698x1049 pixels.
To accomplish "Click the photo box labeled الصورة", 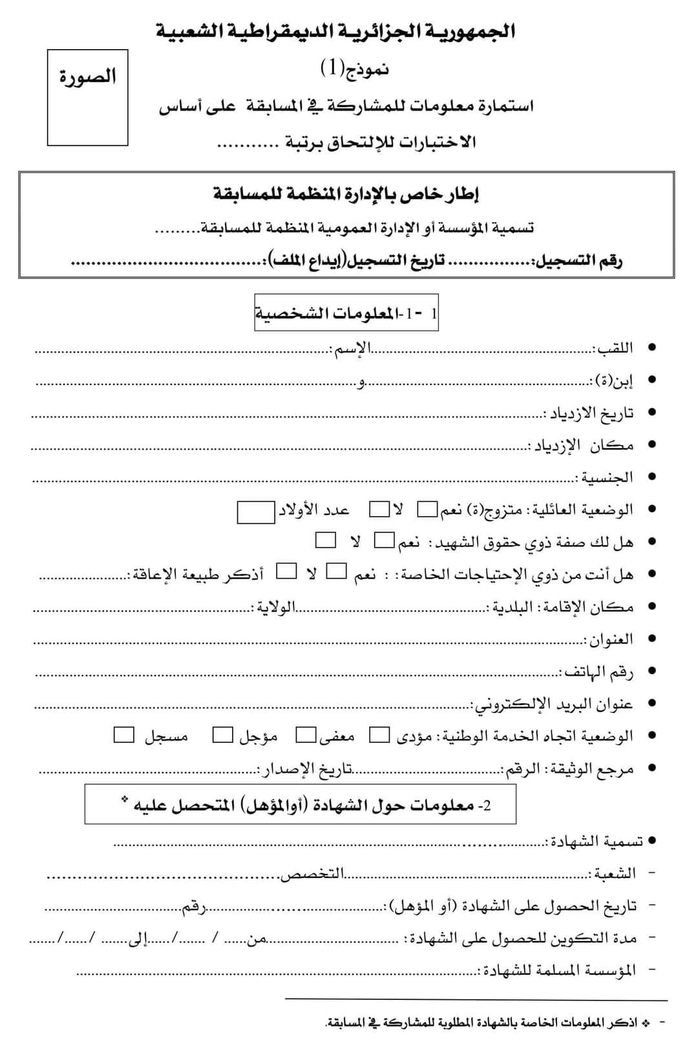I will [x=87, y=98].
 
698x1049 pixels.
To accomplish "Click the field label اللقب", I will [x=613, y=349].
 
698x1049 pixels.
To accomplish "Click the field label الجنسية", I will [x=604, y=478].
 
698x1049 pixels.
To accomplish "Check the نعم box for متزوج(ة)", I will [x=427, y=510].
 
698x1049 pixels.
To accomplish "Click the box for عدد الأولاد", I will [x=256, y=512].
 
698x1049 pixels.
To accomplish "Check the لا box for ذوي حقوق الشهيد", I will [x=326, y=539].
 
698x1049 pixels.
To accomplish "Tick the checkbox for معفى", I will [x=306, y=735].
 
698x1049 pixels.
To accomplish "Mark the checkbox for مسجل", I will [x=124, y=735].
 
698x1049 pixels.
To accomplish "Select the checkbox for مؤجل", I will [x=223, y=735].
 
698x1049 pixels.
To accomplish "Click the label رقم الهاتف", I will [x=597, y=672].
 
